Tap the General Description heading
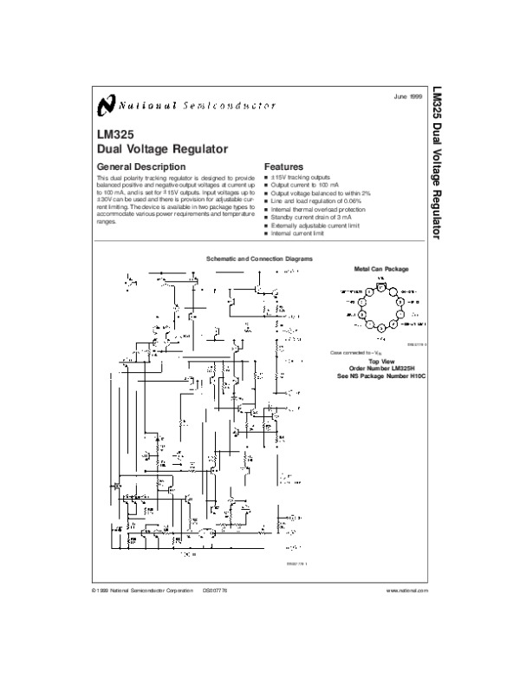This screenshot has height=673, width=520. coord(140,166)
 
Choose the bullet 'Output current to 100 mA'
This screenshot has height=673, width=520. coord(304,185)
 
